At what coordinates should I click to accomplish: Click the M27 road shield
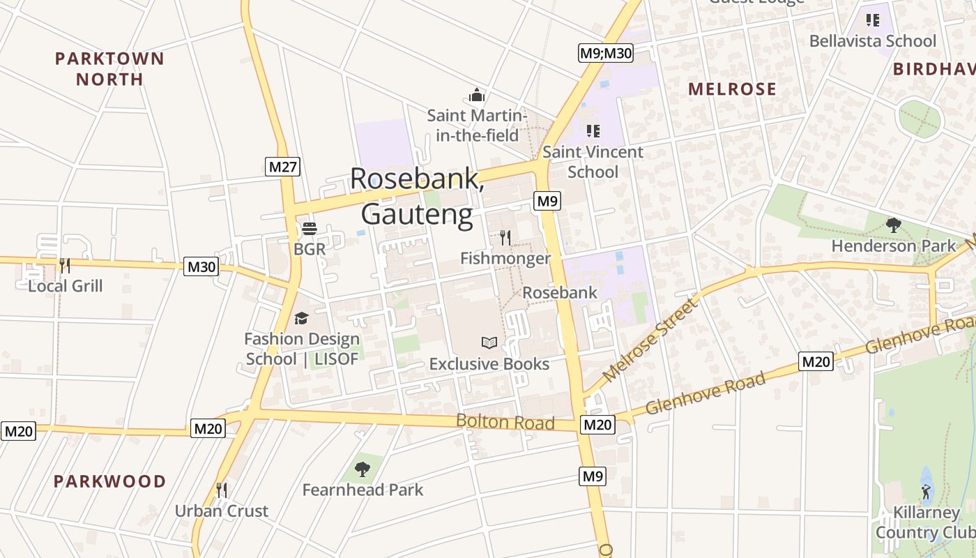click(x=283, y=166)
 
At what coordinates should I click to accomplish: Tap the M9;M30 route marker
click(x=606, y=53)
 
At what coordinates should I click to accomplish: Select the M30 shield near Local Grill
click(x=201, y=266)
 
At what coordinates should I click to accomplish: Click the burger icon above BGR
click(x=310, y=228)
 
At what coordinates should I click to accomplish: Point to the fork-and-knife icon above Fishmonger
click(x=505, y=238)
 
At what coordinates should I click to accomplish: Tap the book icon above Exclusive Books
click(x=489, y=342)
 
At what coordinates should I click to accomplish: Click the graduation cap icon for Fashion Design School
click(x=301, y=318)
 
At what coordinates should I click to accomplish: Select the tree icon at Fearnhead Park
click(x=363, y=469)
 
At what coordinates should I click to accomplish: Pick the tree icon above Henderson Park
click(x=893, y=225)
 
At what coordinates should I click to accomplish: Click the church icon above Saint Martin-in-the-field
click(x=477, y=94)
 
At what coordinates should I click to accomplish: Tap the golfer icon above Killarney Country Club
click(x=926, y=492)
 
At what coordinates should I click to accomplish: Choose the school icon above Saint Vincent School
click(x=593, y=130)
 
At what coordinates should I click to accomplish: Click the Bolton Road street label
click(x=505, y=422)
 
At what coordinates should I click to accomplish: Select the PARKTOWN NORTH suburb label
click(x=109, y=68)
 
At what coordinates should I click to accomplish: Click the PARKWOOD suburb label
click(x=109, y=481)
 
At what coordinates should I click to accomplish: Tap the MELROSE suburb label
click(x=732, y=89)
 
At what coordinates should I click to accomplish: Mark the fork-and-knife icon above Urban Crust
click(x=221, y=490)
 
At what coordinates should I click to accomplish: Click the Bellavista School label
click(x=872, y=40)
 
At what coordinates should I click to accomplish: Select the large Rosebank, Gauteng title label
click(x=417, y=196)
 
